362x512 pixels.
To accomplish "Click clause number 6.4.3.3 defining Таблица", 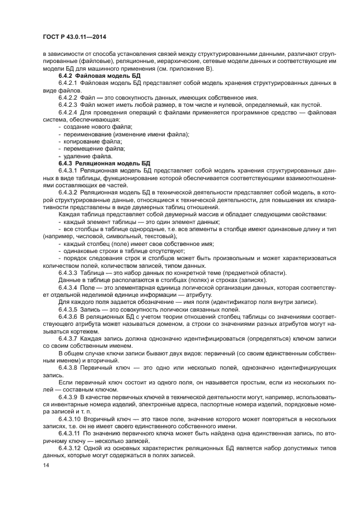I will (x=68, y=272).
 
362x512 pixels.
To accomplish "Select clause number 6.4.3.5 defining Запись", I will (x=68, y=309).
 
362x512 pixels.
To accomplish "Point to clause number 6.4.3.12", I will (x=70, y=447).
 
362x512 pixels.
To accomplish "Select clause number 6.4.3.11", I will (x=70, y=433).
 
